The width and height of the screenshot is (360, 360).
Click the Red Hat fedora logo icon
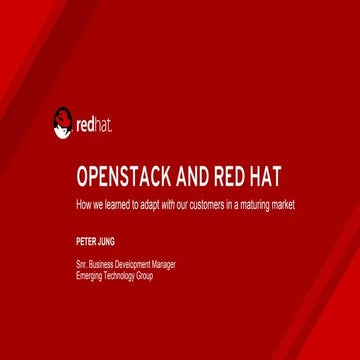[62, 124]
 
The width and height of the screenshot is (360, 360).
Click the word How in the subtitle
[84, 205]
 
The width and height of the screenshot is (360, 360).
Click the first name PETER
[85, 242]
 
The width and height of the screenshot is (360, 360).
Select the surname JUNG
[105, 242]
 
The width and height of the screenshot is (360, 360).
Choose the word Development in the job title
[134, 264]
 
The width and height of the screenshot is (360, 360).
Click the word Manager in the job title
[165, 264]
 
